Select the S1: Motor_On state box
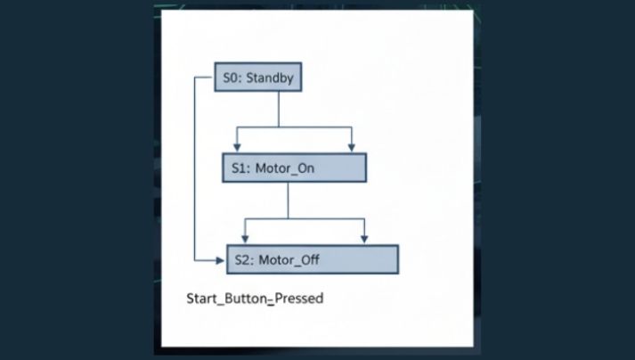pos(294,168)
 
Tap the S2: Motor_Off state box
pos(313,259)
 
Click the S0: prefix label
pos(232,78)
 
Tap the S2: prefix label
pos(246,260)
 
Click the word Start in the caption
pos(201,299)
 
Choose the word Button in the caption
pos(245,299)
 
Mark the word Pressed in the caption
pos(298,299)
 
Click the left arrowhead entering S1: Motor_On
pos(238,148)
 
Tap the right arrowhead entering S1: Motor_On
pos(353,148)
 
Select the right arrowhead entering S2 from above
pos(364,239)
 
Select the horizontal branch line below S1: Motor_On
pos(303,217)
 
